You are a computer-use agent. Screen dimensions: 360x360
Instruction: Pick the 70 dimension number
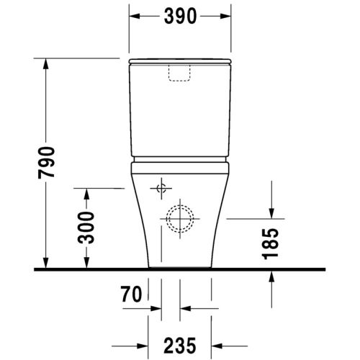coord(130,295)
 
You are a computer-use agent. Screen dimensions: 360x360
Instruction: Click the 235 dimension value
coord(180,344)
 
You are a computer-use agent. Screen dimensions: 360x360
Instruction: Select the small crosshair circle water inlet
coord(161,189)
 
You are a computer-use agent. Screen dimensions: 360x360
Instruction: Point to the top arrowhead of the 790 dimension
coord(48,64)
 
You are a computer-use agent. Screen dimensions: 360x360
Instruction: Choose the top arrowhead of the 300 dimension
coord(87,194)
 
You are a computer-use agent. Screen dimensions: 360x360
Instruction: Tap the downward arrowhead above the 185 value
coord(272,212)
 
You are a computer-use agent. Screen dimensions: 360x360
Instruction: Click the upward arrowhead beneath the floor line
coord(272,277)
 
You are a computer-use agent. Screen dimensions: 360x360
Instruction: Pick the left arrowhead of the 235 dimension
coord(153,344)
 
